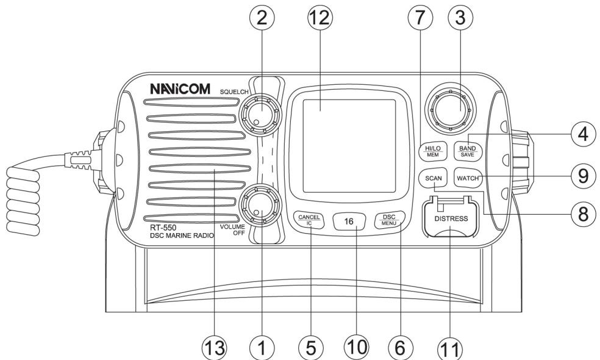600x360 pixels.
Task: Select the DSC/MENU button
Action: pyautogui.click(x=388, y=219)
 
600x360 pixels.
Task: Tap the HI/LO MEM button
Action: pyautogui.click(x=433, y=151)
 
